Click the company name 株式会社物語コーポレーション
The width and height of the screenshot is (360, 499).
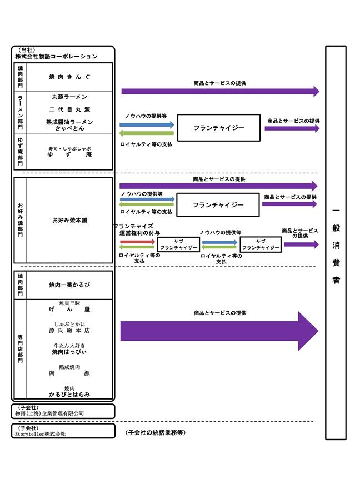[56, 57]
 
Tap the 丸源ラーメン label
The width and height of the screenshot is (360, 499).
[69, 97]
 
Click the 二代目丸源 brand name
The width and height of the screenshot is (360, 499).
[69, 109]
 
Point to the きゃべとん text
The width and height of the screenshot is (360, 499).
[69, 128]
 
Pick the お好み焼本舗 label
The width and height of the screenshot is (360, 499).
[69, 221]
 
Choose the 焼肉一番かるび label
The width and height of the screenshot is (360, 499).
[69, 285]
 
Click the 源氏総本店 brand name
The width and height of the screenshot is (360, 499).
[69, 331]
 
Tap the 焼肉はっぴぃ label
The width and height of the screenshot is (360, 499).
[69, 352]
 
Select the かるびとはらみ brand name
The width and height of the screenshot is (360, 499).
[69, 394]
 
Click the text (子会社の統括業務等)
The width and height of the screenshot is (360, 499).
[155, 432]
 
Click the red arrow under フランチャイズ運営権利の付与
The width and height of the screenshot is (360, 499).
[137, 242]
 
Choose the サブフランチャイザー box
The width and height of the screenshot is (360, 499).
[178, 244]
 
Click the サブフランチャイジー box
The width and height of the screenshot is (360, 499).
[261, 244]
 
